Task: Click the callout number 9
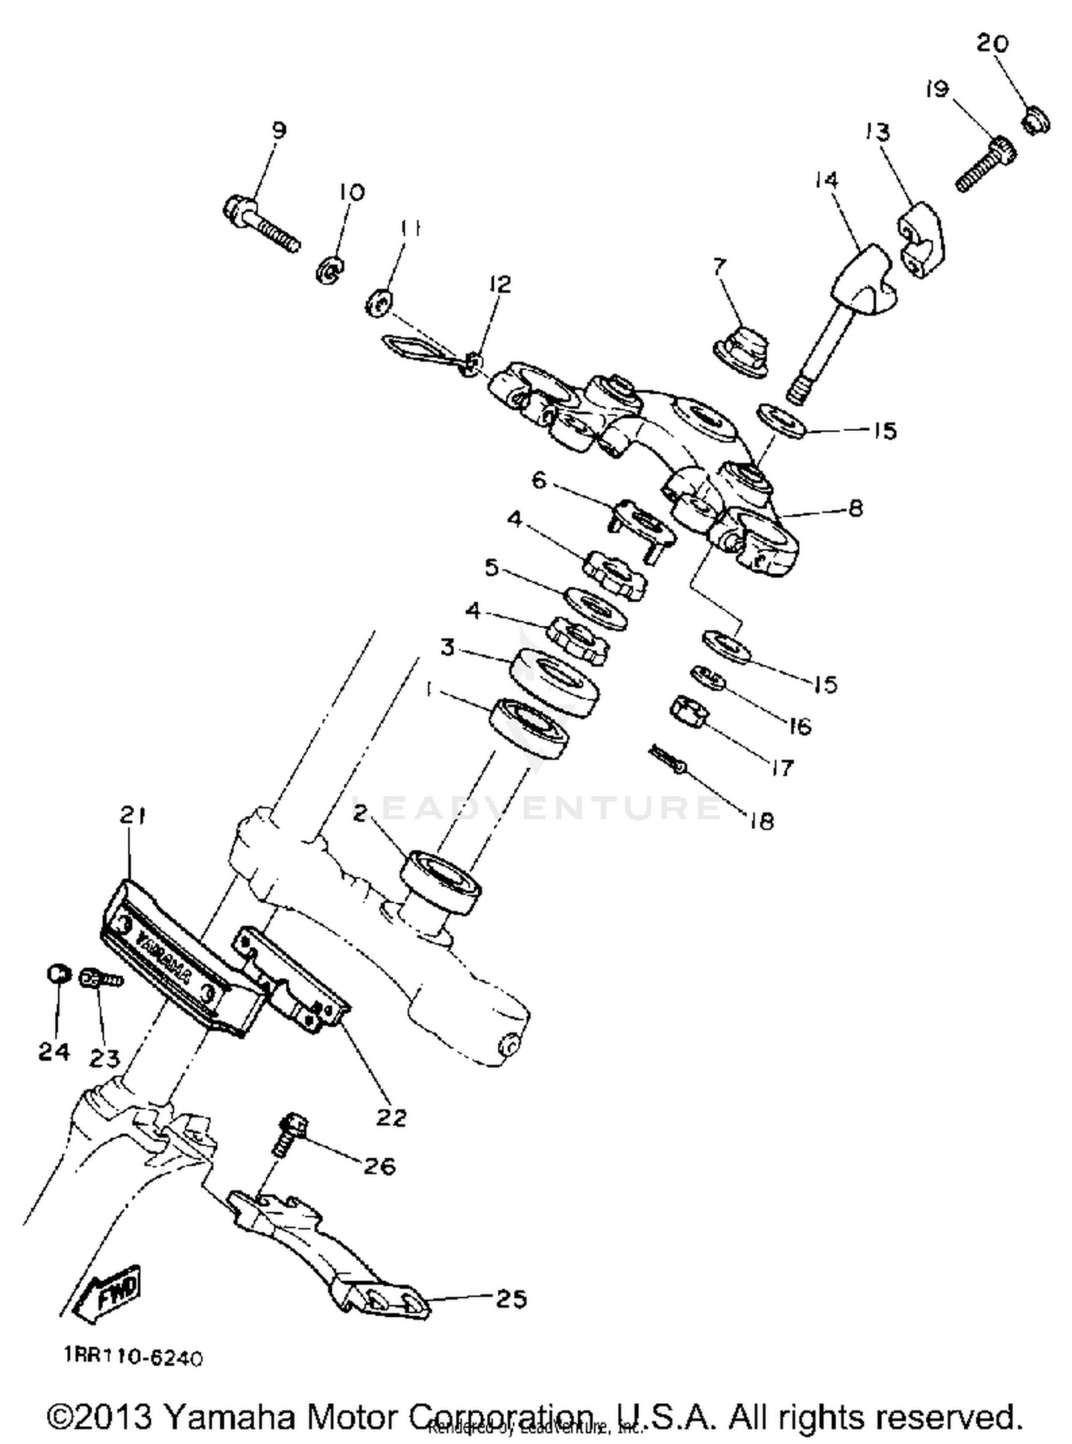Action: click(x=279, y=130)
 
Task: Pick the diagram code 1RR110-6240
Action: click(x=133, y=1358)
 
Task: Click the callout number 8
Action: click(x=855, y=508)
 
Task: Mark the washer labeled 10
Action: click(x=330, y=271)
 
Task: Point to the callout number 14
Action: click(x=825, y=179)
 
